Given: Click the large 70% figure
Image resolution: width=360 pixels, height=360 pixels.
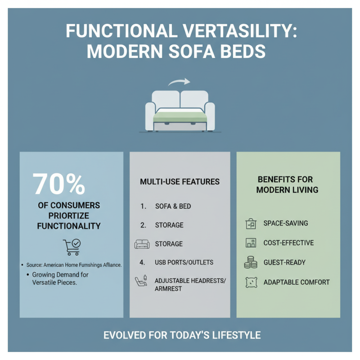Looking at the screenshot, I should click(59, 184).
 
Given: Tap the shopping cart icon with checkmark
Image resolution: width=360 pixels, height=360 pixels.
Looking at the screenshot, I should click(72, 247).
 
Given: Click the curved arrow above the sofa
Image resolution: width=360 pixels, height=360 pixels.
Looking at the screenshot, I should click(179, 83).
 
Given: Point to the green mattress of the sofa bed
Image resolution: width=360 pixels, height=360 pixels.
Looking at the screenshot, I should click(180, 117).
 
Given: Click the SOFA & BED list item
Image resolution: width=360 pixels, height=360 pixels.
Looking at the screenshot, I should click(173, 206).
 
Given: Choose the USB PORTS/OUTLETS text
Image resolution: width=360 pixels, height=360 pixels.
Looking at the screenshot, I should click(184, 262).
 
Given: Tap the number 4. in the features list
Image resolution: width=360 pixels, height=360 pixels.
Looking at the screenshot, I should click(143, 262).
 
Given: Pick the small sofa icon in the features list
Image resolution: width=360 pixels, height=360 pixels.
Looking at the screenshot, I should click(141, 244).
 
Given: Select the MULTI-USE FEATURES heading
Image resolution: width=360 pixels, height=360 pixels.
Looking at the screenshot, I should click(180, 182).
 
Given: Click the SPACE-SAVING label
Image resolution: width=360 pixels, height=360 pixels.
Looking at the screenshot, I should click(285, 223).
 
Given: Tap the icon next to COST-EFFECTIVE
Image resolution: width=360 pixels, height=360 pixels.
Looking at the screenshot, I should click(251, 243).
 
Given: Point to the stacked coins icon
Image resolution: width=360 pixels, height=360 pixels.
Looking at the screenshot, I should click(251, 262).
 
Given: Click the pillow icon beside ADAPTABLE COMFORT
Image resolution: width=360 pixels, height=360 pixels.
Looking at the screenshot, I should click(251, 282).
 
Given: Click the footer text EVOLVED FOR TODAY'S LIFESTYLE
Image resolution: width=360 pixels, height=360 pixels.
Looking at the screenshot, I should click(182, 335).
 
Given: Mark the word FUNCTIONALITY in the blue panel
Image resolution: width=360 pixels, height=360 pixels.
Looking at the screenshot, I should click(69, 226).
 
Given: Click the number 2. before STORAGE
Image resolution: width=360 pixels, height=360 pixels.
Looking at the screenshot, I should click(143, 225).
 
